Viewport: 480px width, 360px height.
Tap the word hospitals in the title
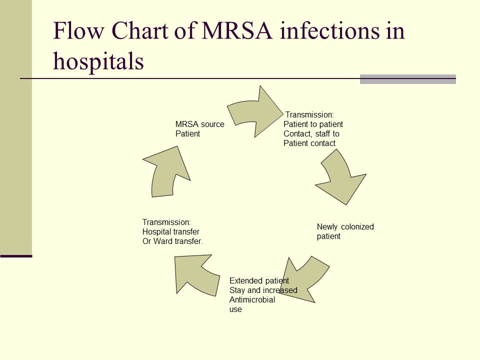[x=98, y=61]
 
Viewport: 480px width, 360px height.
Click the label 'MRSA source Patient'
[x=199, y=128]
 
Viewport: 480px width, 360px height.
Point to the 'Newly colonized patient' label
[x=345, y=231]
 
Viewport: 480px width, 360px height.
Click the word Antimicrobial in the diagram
[x=252, y=300]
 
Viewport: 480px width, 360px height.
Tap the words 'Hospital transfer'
[x=171, y=231]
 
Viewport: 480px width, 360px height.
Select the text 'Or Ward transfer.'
[x=172, y=241]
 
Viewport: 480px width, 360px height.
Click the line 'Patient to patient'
[x=313, y=124]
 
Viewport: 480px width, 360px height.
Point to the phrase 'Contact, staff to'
[x=311, y=133]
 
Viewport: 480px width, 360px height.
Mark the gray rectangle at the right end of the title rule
[x=407, y=79]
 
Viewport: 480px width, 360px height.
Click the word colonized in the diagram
[x=357, y=226]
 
